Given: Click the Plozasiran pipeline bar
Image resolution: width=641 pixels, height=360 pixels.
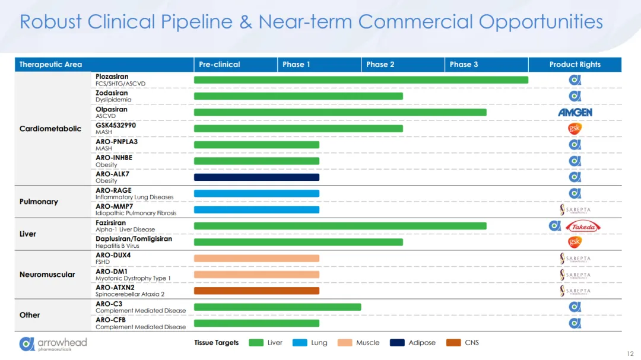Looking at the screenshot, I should pyautogui.click(x=361, y=80).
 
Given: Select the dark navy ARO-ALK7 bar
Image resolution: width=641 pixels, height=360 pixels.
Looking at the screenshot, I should pyautogui.click(x=256, y=177).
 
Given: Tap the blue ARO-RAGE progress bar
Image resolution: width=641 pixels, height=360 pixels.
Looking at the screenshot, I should pyautogui.click(x=256, y=193).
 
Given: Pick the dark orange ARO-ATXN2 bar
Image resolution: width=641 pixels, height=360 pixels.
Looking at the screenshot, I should pyautogui.click(x=256, y=291).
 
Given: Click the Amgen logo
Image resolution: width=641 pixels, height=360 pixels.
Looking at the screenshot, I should pyautogui.click(x=575, y=112).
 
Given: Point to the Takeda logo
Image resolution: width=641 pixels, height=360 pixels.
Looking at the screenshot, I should pyautogui.click(x=583, y=226).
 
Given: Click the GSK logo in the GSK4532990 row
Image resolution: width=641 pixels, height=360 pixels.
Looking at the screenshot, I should pyautogui.click(x=575, y=129).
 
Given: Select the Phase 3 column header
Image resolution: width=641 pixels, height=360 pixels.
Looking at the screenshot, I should pyautogui.click(x=464, y=65).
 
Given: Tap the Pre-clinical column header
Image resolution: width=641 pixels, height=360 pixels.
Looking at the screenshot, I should pyautogui.click(x=220, y=65).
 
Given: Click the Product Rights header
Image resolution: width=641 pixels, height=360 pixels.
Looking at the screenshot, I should pyautogui.click(x=575, y=65).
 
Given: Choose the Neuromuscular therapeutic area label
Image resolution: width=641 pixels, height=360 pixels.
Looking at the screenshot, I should pyautogui.click(x=47, y=275).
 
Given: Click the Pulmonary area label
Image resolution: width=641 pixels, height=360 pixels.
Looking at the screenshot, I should pyautogui.click(x=39, y=202).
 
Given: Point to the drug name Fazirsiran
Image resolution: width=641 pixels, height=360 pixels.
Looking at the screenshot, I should pyautogui.click(x=111, y=223).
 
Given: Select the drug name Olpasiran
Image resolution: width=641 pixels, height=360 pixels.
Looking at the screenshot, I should pyautogui.click(x=112, y=109).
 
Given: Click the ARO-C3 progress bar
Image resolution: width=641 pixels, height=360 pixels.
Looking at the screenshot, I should pyautogui.click(x=277, y=307).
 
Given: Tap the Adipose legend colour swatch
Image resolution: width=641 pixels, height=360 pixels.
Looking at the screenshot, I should pyautogui.click(x=397, y=343).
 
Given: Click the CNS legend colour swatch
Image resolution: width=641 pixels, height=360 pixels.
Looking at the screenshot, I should pyautogui.click(x=453, y=343).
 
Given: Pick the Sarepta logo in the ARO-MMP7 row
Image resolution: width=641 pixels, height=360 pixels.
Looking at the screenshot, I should pyautogui.click(x=575, y=210).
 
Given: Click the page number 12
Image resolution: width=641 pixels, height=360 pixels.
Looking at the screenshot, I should pyautogui.click(x=630, y=353).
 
